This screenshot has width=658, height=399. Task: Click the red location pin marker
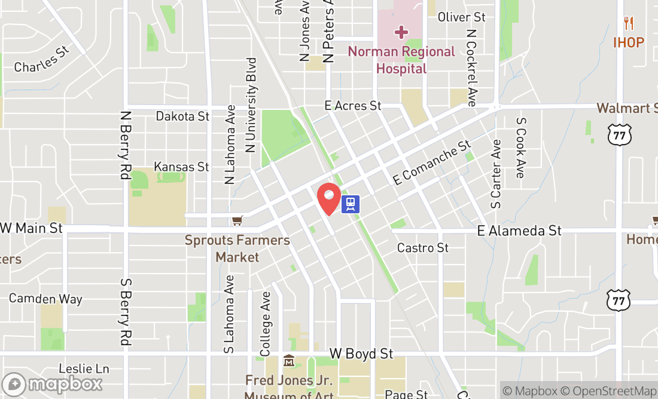328,198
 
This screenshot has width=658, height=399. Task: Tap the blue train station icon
351,204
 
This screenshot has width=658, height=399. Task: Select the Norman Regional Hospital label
401,60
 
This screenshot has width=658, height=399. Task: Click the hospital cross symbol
401,32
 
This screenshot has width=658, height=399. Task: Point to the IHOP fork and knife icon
628,24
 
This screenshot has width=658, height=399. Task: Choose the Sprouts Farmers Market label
237,248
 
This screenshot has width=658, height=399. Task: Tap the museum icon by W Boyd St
289,360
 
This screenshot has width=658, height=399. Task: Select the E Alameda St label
519,231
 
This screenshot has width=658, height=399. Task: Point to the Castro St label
422,247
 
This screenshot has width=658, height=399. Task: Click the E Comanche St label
432,162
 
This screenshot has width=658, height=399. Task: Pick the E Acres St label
352,106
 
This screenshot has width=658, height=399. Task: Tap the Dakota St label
182,116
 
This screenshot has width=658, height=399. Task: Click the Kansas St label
181,167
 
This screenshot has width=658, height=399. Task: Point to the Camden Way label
45,299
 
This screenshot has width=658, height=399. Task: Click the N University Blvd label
251,105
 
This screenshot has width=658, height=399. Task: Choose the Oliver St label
461,17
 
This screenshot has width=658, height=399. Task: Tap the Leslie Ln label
84,369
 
